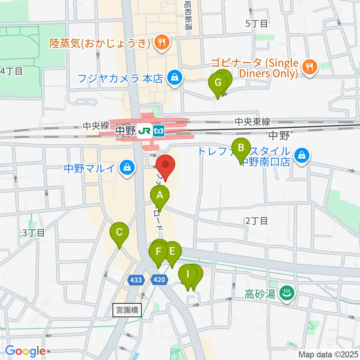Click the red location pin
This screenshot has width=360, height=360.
165,165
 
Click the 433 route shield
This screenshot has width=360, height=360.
136,279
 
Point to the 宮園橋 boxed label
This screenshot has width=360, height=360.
127,310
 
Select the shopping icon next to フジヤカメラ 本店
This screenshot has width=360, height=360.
175,78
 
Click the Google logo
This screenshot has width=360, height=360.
25,351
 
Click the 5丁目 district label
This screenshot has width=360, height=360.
256,24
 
